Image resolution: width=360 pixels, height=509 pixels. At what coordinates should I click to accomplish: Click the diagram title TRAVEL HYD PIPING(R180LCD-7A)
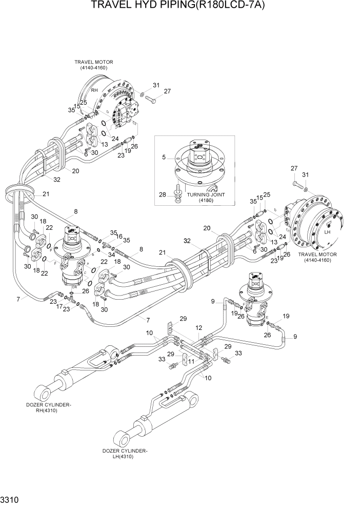[x=179, y=6]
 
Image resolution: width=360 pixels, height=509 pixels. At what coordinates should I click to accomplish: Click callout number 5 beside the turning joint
[x=164, y=158]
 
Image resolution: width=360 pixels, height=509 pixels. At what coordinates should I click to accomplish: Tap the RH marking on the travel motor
[x=94, y=90]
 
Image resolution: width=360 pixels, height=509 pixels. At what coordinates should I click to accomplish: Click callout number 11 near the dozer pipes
[x=190, y=361]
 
